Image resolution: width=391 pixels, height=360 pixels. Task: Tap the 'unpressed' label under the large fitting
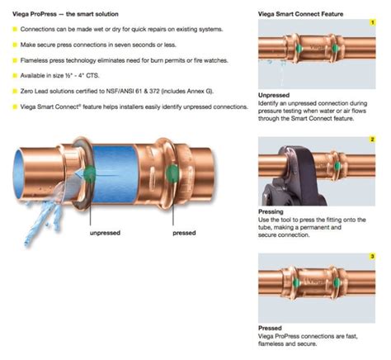106,233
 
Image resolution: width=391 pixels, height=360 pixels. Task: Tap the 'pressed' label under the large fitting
183,233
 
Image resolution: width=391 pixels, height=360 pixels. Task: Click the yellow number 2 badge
372,140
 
